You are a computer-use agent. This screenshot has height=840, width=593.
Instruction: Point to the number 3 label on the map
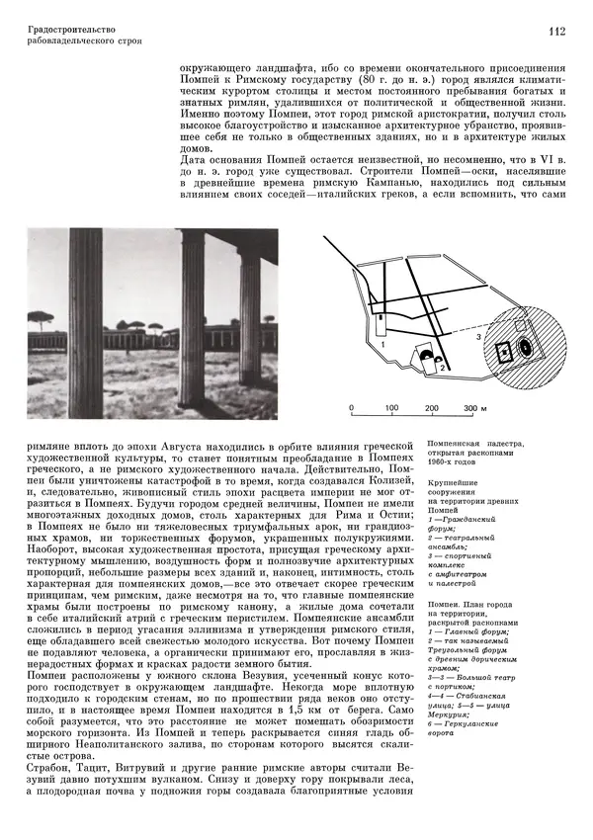point(477,337)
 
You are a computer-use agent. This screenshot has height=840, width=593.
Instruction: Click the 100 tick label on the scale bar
point(391,408)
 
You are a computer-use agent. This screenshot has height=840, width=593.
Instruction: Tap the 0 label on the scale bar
point(351,408)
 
